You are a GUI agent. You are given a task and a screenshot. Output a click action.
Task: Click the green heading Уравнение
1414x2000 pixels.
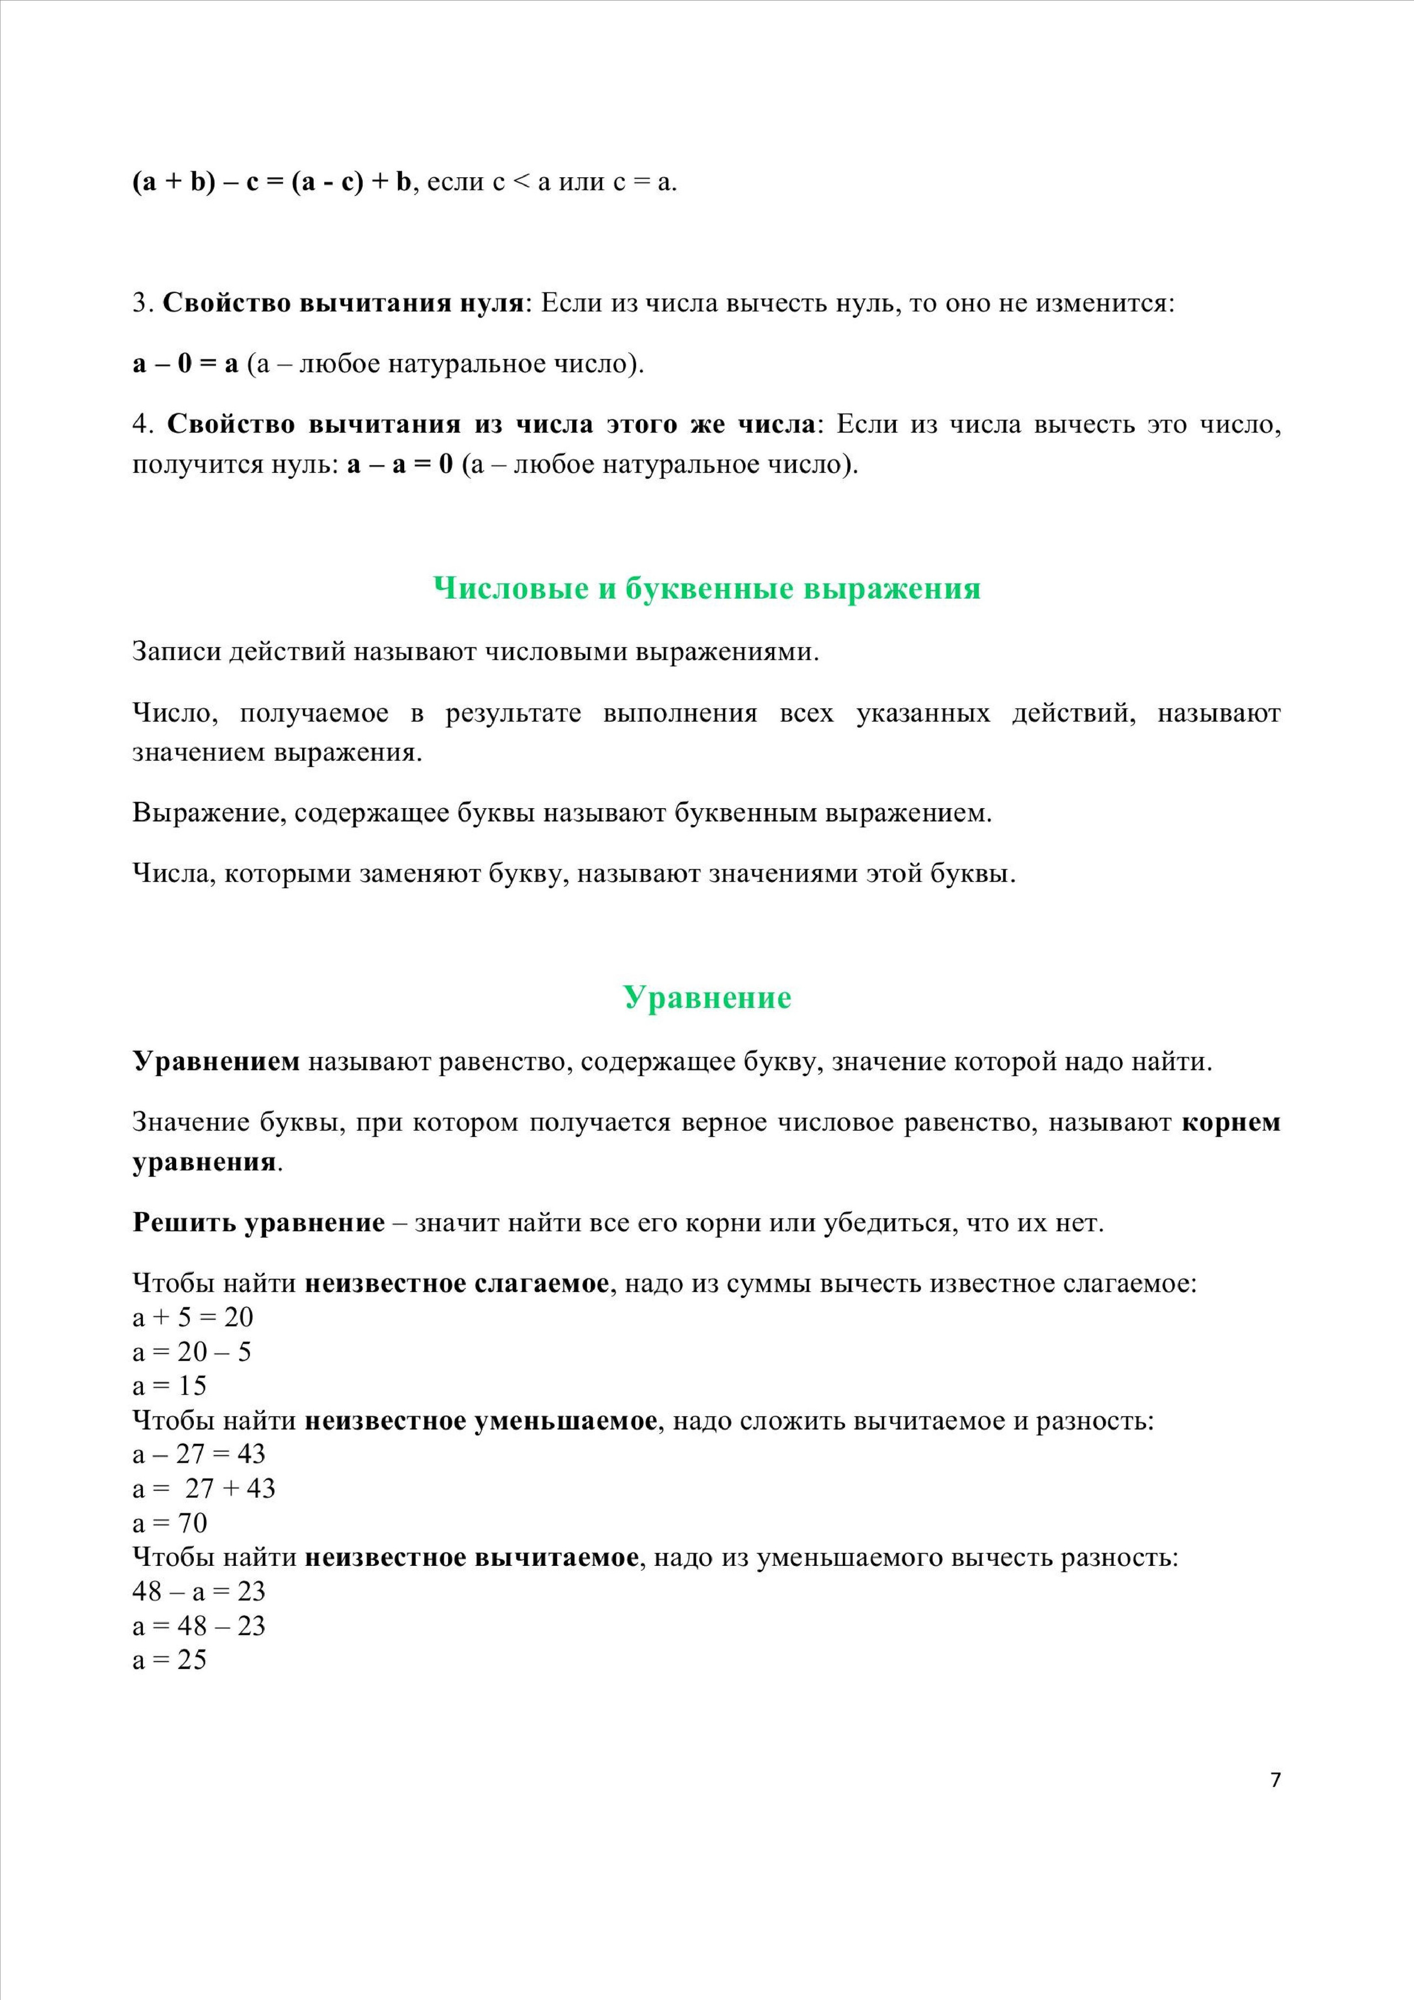(x=706, y=998)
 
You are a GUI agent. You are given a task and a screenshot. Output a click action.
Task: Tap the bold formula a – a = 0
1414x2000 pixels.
(x=400, y=465)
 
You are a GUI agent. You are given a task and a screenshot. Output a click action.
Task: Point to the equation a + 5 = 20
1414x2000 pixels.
(x=193, y=1317)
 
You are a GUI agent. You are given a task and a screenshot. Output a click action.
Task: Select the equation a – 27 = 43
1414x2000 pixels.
(x=199, y=1454)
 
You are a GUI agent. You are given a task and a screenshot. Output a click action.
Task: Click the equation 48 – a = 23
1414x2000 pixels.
(x=199, y=1591)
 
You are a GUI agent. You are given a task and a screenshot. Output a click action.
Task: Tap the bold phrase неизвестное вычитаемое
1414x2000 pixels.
(x=471, y=1558)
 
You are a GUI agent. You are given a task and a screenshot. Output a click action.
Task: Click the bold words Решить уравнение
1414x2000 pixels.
(x=258, y=1223)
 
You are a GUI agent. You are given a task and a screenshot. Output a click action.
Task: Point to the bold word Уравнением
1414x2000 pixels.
(x=216, y=1062)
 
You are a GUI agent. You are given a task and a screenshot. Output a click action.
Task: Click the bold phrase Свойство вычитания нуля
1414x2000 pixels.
(x=342, y=303)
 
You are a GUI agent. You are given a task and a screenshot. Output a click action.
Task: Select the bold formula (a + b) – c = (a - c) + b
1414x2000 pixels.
(x=271, y=183)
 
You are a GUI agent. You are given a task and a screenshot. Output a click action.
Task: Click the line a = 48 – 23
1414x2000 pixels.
(x=199, y=1626)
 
